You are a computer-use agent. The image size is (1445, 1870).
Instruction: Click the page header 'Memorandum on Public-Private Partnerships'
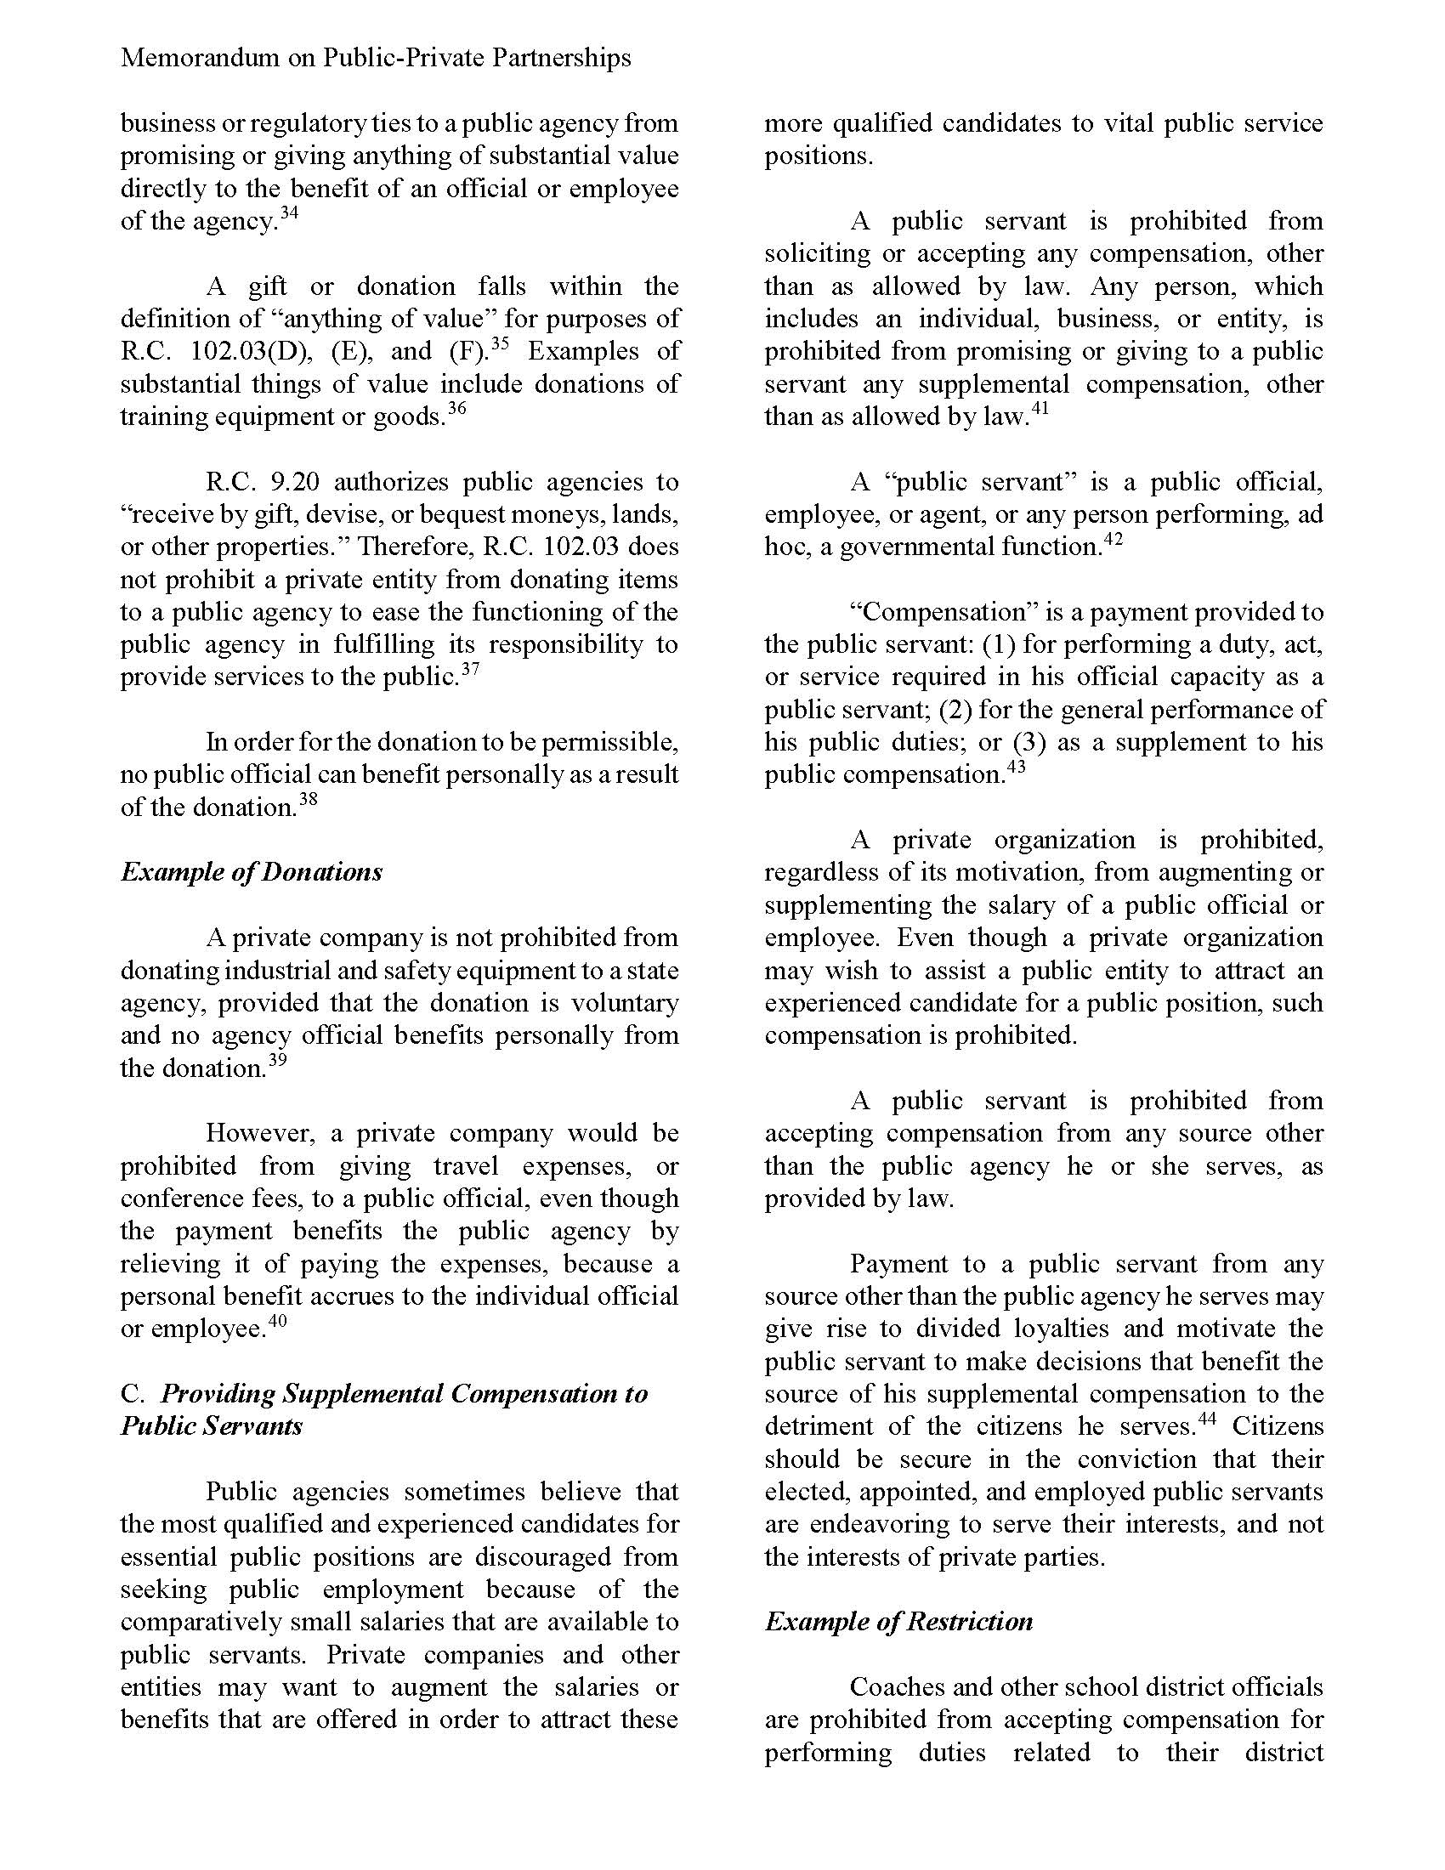376,57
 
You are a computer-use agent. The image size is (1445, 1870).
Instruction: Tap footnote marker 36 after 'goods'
457,408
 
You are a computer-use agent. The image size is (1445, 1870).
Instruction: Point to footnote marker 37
470,669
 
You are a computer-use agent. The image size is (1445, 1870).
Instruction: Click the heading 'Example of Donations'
251,871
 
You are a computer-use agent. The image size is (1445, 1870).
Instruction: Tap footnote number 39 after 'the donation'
277,1060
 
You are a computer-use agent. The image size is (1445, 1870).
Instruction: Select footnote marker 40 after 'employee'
277,1320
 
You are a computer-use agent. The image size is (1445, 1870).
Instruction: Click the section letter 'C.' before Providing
133,1394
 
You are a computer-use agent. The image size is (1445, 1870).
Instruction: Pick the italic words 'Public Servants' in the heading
212,1426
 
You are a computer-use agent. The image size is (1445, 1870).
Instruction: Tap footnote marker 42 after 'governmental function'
1113,539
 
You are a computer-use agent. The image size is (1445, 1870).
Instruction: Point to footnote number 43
1016,767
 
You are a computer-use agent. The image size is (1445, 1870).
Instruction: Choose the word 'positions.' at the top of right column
819,156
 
